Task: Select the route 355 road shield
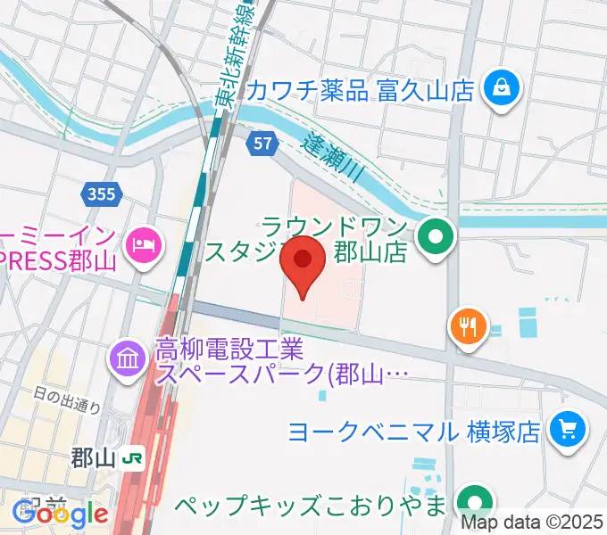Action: coord(101,193)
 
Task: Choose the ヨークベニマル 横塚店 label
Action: coord(413,432)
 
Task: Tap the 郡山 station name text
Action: coord(93,460)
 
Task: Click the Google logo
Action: coord(61,514)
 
